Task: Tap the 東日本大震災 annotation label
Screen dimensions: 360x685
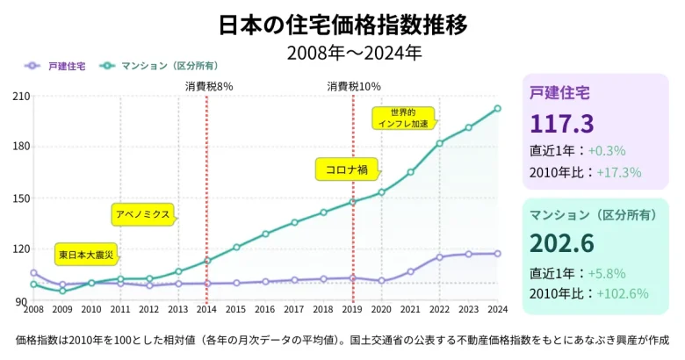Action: pyautogui.click(x=86, y=255)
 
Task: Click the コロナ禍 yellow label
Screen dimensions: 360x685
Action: pyautogui.click(x=346, y=169)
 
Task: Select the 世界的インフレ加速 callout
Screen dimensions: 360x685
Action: pyautogui.click(x=403, y=118)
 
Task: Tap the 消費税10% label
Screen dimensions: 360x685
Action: pyautogui.click(x=353, y=86)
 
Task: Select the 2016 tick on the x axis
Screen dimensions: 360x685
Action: pyautogui.click(x=265, y=309)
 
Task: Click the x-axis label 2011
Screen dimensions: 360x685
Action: pyautogui.click(x=120, y=309)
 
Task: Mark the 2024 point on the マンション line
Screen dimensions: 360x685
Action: pyautogui.click(x=497, y=109)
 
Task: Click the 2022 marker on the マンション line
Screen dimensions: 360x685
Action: pyautogui.click(x=440, y=143)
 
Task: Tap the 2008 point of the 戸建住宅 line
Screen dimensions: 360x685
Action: pyautogui.click(x=33, y=273)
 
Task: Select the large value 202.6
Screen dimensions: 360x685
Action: pyautogui.click(x=562, y=241)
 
